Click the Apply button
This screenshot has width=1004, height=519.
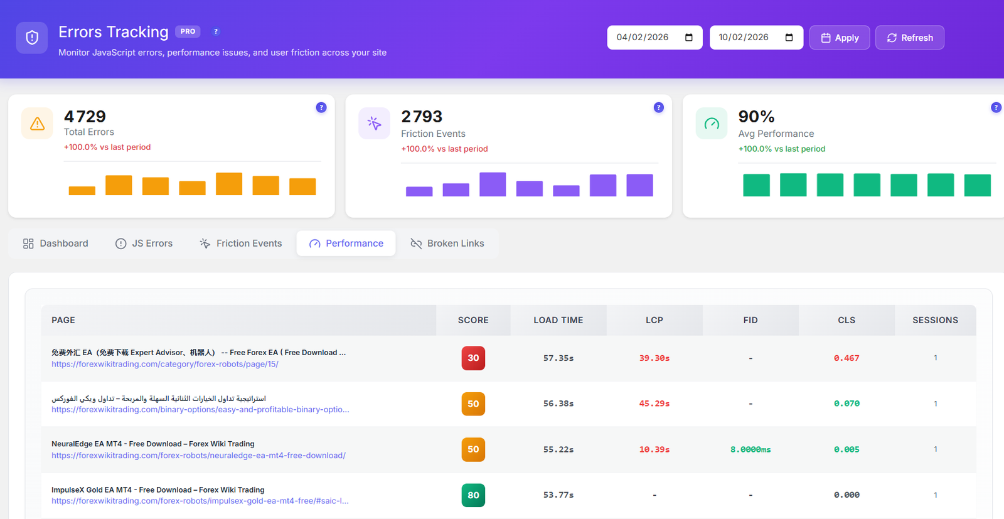[x=839, y=38]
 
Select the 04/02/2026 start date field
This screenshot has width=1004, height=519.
[x=646, y=38]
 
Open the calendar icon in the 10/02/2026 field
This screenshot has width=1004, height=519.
[x=789, y=38]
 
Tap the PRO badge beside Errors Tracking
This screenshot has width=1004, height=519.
[x=188, y=31]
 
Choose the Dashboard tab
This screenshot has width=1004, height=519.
[x=56, y=243]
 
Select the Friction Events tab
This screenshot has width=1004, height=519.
[x=241, y=243]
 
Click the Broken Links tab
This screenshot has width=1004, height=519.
[x=447, y=243]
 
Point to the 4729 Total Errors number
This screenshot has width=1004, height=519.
[x=85, y=117]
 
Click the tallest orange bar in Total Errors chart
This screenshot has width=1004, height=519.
[x=229, y=184]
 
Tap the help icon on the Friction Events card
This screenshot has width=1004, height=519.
[x=658, y=107]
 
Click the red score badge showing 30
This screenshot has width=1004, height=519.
[x=473, y=358]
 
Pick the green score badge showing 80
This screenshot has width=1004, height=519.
[x=473, y=495]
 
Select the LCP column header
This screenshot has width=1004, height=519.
[x=654, y=320]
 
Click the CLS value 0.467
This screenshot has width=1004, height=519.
[x=846, y=358]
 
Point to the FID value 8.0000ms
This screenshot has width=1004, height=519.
[x=750, y=449]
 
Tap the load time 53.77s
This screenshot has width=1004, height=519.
[x=558, y=495]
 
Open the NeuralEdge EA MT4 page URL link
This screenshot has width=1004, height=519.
[x=198, y=456]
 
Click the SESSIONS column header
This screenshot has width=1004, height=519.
[x=935, y=320]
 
